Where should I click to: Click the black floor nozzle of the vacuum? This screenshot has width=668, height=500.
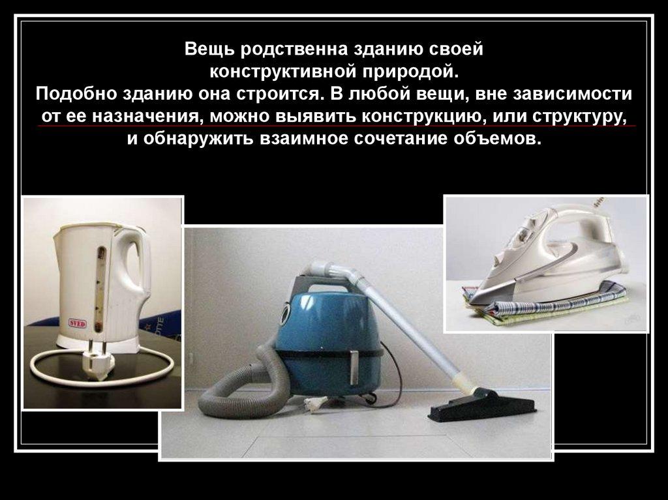481,405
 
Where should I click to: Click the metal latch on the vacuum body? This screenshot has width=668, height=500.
354,367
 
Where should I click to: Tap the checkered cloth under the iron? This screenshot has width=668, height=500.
549,304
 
